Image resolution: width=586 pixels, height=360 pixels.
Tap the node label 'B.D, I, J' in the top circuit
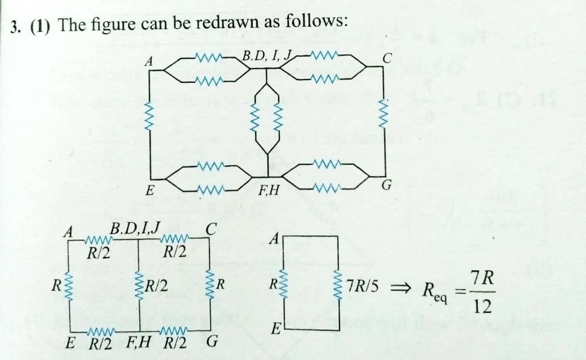[x=267, y=56]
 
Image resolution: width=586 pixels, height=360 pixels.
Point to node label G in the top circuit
[x=387, y=185]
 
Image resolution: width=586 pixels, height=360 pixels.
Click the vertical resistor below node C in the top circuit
[x=383, y=117]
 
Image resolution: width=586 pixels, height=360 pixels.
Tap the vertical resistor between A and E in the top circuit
[x=151, y=117]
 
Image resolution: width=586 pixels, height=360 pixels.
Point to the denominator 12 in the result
[x=482, y=307]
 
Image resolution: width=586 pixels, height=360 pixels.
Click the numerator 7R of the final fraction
[x=482, y=278]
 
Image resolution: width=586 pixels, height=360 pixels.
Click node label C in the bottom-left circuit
[x=211, y=230]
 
